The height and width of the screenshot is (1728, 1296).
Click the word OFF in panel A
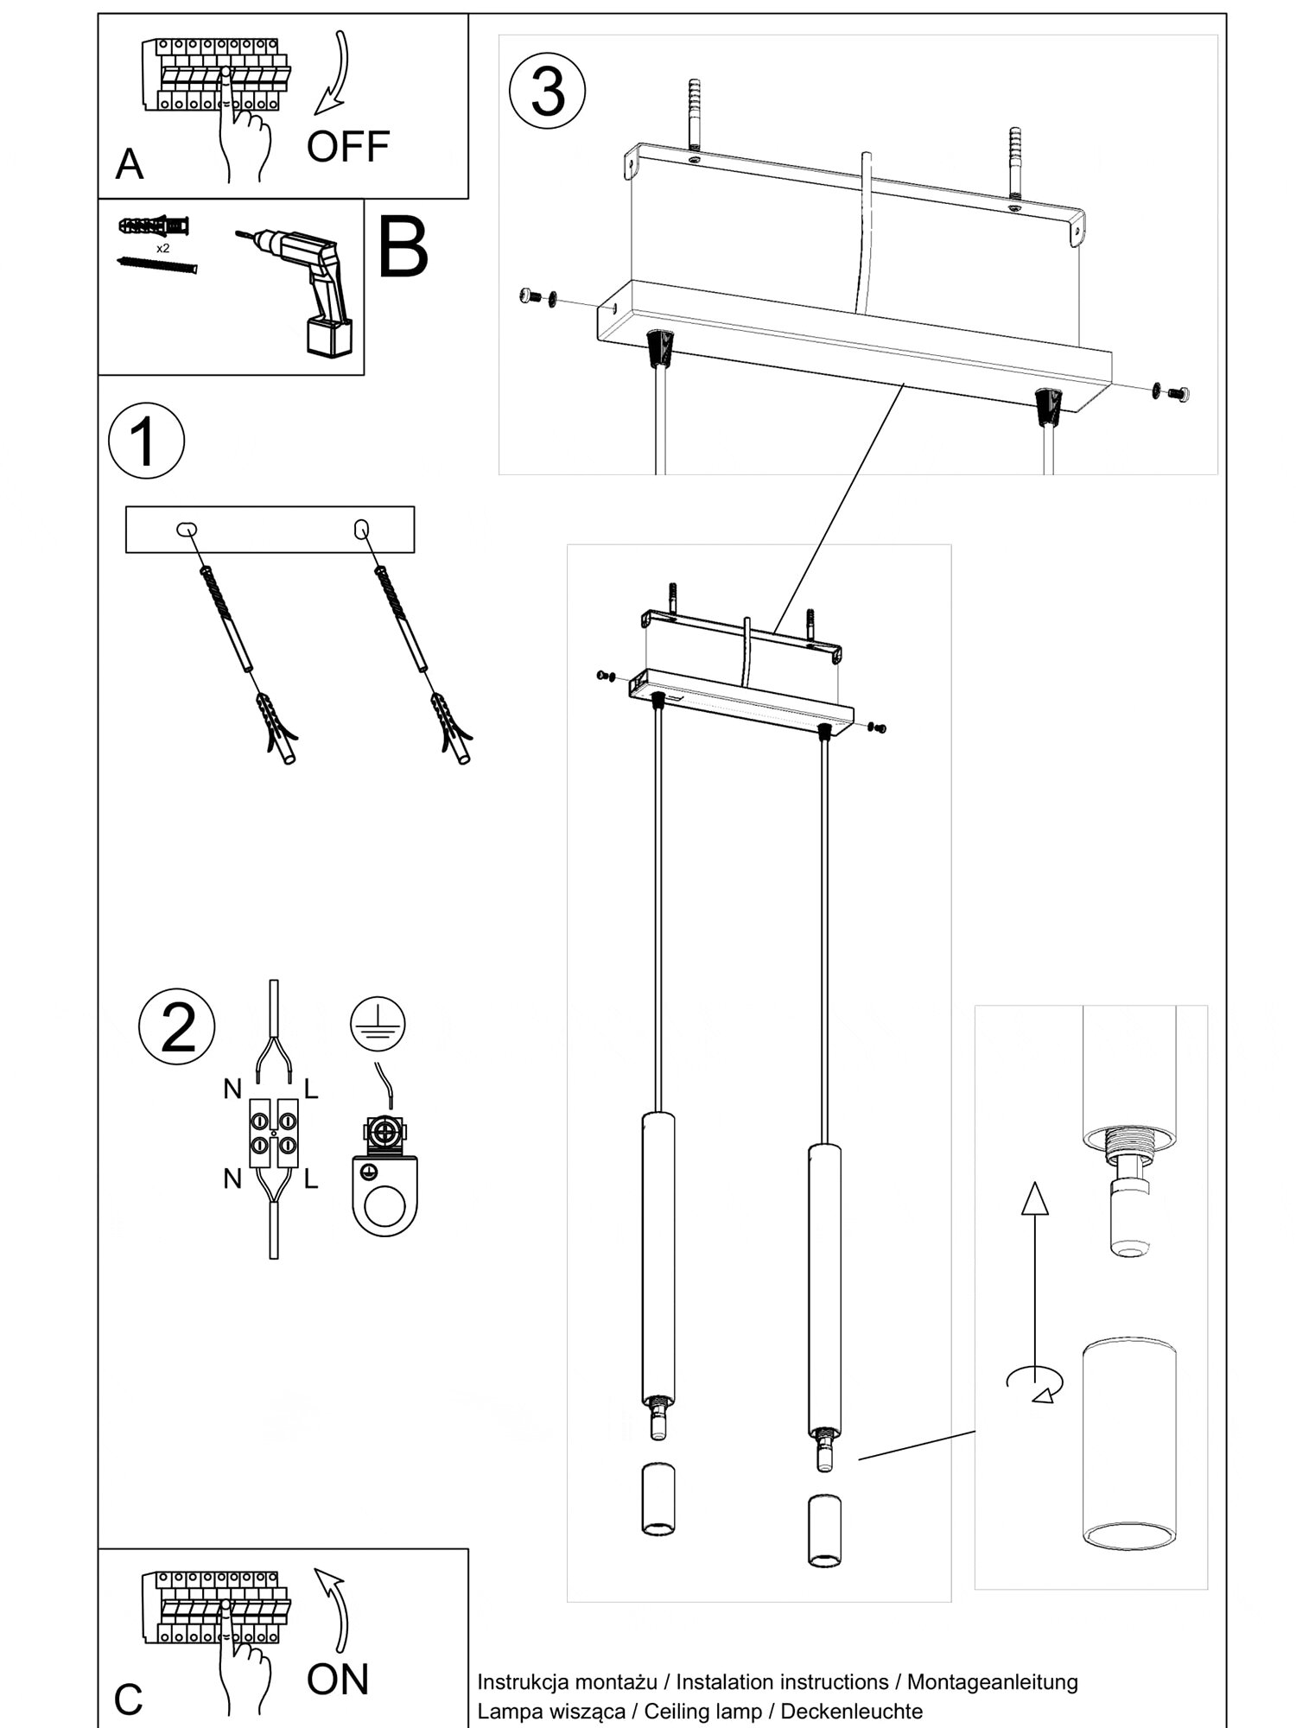[347, 147]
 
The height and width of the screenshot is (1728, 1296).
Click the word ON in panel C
[337, 1679]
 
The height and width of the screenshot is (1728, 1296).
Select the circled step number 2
[177, 1027]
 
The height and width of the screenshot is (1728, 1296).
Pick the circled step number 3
[548, 91]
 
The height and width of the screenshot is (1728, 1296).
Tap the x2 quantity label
[162, 248]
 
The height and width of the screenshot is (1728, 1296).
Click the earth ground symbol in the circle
[378, 1023]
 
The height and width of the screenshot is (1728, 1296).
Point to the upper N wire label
[232, 1090]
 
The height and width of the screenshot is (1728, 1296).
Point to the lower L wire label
[311, 1178]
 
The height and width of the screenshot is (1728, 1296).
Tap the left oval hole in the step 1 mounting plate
[187, 529]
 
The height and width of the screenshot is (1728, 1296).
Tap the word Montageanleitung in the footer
[992, 1681]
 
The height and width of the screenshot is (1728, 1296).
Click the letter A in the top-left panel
[129, 163]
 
